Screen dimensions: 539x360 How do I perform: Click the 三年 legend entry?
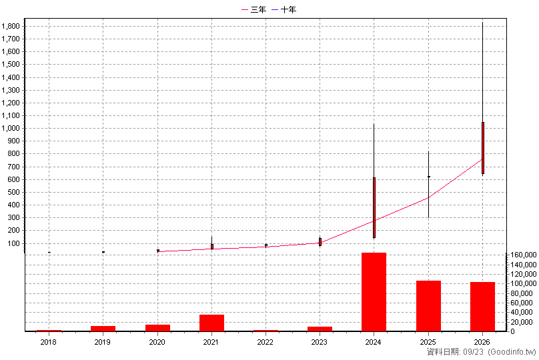pos(254,9)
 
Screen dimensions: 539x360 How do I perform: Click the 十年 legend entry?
pos(284,9)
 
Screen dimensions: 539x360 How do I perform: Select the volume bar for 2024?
pos(374,292)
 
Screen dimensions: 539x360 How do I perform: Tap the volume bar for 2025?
pos(428,306)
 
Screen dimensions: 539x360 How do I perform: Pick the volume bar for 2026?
pos(482,307)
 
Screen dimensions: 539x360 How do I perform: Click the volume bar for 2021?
pos(211,323)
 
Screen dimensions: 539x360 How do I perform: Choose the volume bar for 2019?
pos(103,329)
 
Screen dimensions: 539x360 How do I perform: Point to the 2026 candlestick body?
pos(483,148)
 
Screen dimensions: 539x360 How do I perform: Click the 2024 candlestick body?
pos(374,207)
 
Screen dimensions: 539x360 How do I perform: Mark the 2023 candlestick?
pos(320,242)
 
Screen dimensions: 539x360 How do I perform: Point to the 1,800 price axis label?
pos(10,26)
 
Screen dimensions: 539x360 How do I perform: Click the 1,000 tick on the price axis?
pos(10,128)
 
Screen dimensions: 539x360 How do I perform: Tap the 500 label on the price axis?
pos(13,192)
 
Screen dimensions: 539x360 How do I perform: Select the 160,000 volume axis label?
pos(524,255)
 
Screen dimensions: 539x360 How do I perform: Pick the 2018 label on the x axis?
pos(49,342)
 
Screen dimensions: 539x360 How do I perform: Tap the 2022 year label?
pos(265,342)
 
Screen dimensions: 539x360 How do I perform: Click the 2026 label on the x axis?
pos(482,342)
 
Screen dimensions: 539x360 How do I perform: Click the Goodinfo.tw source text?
pos(512,352)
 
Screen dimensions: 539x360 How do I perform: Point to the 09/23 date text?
pos(473,352)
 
